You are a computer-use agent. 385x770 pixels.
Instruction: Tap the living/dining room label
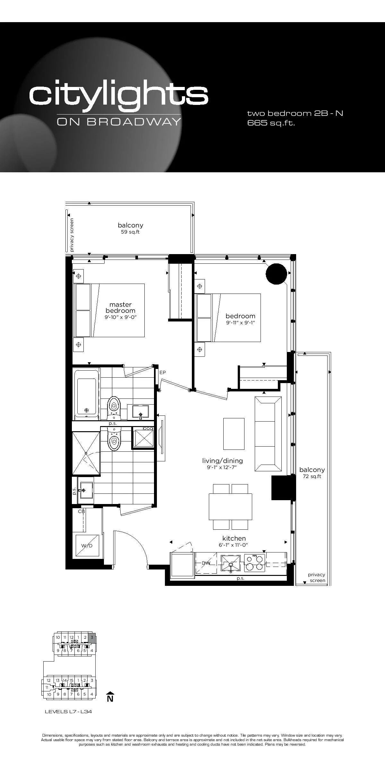[222, 461]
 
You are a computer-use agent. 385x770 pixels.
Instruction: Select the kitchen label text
[234, 538]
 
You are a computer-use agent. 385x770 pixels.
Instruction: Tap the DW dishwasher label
[206, 563]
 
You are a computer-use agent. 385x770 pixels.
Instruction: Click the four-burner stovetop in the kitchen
[255, 563]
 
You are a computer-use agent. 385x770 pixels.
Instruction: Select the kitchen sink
[230, 563]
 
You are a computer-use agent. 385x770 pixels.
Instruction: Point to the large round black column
[276, 274]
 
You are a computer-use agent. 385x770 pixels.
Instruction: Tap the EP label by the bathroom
[163, 372]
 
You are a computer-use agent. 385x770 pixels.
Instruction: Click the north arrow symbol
[110, 697]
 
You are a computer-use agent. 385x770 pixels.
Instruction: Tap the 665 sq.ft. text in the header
[271, 123]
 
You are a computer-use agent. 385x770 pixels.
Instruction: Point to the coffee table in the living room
[234, 434]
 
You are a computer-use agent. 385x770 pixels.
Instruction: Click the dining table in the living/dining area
[230, 507]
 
